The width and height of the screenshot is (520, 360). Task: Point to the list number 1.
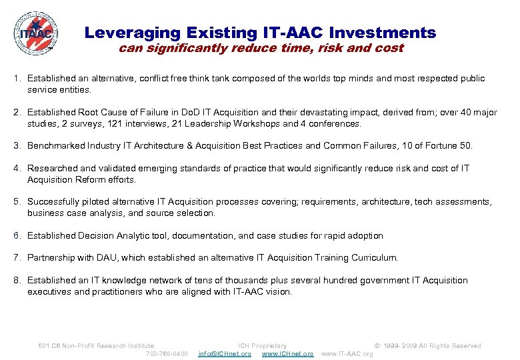tap(17, 79)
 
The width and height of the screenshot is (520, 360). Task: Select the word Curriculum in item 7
tap(374, 257)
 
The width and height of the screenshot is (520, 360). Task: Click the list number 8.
tap(17, 281)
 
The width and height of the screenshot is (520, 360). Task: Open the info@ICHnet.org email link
tap(225, 354)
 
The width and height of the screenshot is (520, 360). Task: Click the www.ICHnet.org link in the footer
tap(287, 354)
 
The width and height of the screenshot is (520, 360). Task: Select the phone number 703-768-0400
tap(167, 354)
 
